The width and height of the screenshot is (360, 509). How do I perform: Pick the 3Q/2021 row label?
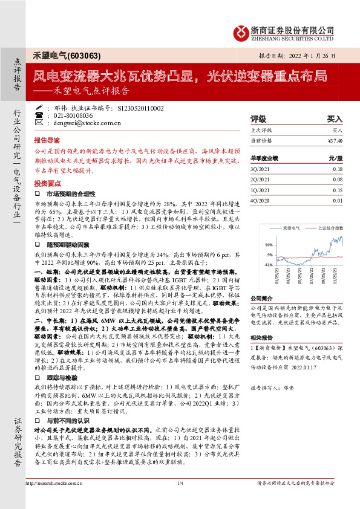click(260, 170)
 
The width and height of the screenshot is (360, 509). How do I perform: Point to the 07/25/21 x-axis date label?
click(308, 278)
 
